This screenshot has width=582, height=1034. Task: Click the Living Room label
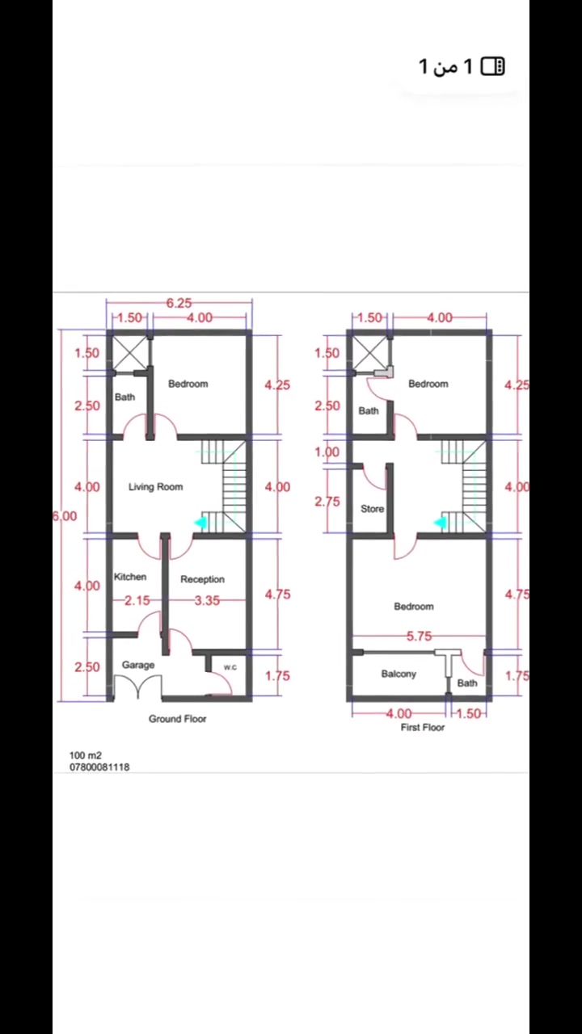(x=156, y=486)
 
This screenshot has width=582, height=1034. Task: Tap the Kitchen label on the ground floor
(x=130, y=577)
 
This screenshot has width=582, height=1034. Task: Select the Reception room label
(x=202, y=579)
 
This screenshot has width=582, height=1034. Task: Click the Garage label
(x=138, y=665)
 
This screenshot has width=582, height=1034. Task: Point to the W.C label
(x=230, y=667)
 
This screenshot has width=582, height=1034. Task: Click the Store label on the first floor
(x=373, y=509)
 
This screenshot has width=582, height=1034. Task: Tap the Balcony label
(x=399, y=674)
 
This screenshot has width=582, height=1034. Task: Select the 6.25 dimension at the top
(x=179, y=303)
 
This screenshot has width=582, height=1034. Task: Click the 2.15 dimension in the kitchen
(x=137, y=600)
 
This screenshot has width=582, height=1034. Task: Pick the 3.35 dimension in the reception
(x=207, y=600)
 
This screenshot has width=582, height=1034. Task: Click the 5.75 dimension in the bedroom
(x=419, y=637)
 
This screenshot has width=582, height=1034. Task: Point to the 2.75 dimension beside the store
(x=327, y=502)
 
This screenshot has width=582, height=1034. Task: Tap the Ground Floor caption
(x=177, y=719)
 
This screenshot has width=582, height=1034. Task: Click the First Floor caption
(x=423, y=728)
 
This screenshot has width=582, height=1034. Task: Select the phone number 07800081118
(x=99, y=767)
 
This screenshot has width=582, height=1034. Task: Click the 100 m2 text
(x=86, y=755)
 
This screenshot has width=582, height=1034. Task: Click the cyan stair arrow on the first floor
(x=440, y=523)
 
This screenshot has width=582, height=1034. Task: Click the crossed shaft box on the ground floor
(x=130, y=353)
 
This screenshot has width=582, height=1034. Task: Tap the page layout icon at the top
(x=493, y=66)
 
